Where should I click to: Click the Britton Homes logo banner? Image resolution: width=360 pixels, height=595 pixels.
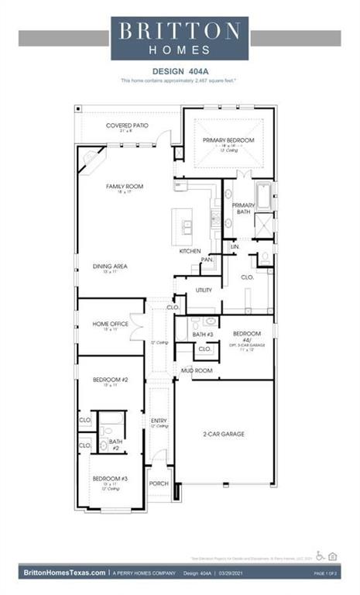click(180, 38)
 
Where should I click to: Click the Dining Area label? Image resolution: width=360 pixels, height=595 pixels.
click(110, 266)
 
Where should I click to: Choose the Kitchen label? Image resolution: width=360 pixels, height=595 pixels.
click(190, 251)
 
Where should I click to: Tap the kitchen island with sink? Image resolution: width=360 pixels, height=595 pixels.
click(187, 225)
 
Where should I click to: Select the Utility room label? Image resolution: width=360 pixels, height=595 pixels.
click(204, 290)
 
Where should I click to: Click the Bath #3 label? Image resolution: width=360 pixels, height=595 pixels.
click(203, 334)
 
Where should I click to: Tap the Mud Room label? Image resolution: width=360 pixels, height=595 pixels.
click(197, 370)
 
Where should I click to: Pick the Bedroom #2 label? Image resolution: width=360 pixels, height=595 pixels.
click(110, 380)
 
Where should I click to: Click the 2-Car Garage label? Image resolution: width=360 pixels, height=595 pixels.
click(224, 434)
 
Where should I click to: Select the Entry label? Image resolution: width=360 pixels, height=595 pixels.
click(159, 421)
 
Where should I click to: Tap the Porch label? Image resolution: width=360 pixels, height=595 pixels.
click(159, 483)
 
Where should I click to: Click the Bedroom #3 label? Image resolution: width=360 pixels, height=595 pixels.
click(110, 479)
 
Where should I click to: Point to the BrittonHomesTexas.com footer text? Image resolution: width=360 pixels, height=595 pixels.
click(64, 573)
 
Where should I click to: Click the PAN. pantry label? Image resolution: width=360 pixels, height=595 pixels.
click(207, 260)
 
